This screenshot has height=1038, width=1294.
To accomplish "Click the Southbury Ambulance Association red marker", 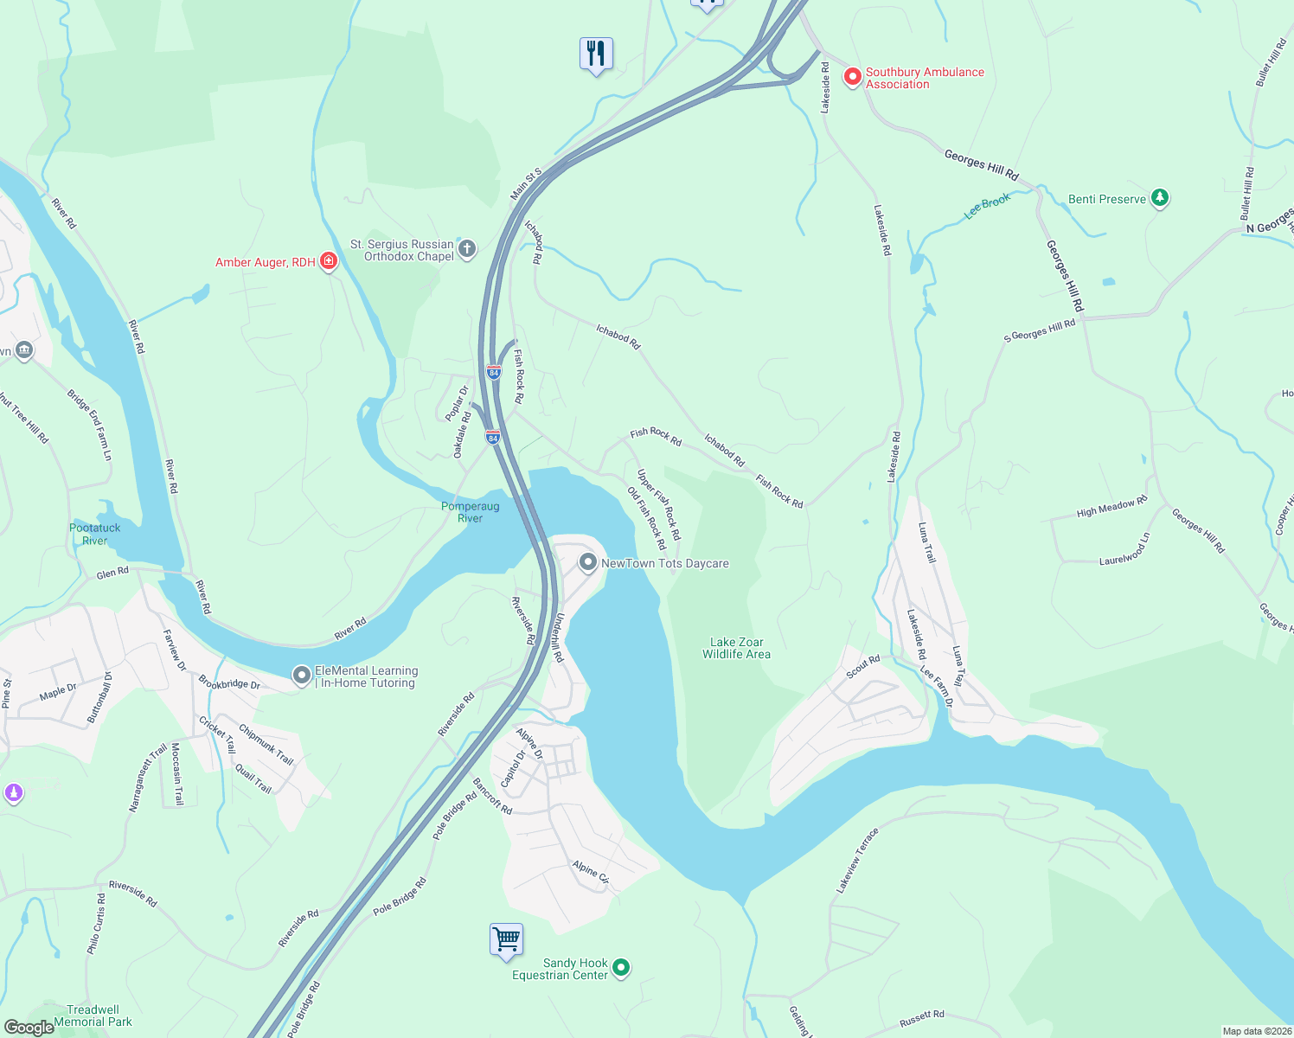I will [852, 77].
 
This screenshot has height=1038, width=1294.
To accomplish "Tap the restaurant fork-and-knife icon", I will [596, 54].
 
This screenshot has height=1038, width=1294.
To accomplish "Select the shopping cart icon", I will [506, 939].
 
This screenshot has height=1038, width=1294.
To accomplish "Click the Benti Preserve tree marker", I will [1160, 199].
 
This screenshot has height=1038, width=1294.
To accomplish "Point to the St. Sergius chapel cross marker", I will [466, 250].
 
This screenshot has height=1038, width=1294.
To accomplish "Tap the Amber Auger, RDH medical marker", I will [328, 261].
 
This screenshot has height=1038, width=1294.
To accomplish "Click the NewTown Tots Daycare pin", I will [588, 563].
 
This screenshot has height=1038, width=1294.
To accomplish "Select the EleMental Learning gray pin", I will [301, 676].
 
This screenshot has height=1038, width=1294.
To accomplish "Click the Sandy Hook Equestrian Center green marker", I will [621, 968].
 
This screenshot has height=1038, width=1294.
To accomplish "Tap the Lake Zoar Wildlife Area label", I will [736, 649].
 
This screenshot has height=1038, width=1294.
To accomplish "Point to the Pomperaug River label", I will [470, 512].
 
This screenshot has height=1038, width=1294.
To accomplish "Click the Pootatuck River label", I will [95, 534].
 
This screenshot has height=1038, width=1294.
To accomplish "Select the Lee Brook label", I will [987, 206].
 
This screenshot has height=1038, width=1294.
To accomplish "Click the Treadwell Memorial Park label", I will [93, 1016].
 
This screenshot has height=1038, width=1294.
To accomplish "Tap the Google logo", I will [29, 1027].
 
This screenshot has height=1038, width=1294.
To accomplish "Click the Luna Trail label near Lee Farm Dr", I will [958, 666].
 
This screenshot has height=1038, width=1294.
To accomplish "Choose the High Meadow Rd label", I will [1111, 507].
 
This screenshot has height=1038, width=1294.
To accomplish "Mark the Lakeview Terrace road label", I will [857, 861].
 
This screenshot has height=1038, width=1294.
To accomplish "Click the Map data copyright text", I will [1257, 1031].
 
